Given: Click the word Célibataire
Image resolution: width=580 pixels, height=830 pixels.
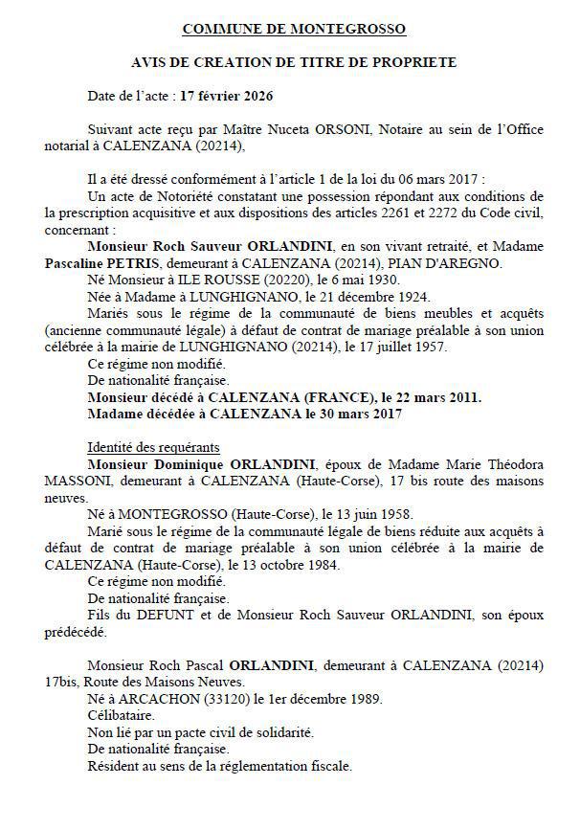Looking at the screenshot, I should (x=120, y=715).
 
